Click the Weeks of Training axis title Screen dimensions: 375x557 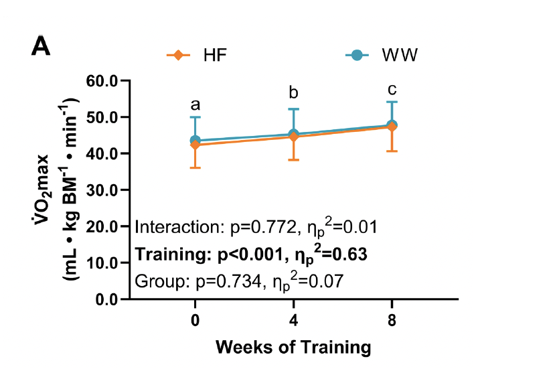[x=293, y=348]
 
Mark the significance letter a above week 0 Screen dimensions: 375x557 [x=195, y=105]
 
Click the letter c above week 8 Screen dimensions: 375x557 [x=392, y=89]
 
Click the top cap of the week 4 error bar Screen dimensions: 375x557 [x=294, y=108]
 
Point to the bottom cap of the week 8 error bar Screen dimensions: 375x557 [x=392, y=151]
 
